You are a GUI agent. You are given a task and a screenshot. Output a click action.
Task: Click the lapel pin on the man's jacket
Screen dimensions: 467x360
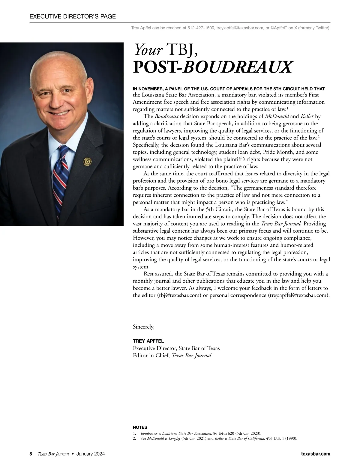[87, 162]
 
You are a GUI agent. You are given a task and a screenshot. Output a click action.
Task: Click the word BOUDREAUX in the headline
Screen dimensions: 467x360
[237, 67]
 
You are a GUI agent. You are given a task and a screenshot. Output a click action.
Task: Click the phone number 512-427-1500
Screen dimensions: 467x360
[201, 28]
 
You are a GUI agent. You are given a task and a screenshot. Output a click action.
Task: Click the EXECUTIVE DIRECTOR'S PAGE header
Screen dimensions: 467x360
[73, 16]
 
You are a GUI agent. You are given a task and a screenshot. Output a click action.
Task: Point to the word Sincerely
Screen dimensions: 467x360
[143, 327]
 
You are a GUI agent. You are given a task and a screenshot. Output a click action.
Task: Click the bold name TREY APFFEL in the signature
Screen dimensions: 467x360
[148, 341]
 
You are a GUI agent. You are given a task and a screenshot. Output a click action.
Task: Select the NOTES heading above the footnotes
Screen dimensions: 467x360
[140, 427]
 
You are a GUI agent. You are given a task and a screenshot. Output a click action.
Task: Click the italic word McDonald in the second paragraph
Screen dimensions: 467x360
[277, 116]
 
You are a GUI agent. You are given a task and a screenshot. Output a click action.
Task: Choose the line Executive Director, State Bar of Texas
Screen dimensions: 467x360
[176, 348]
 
